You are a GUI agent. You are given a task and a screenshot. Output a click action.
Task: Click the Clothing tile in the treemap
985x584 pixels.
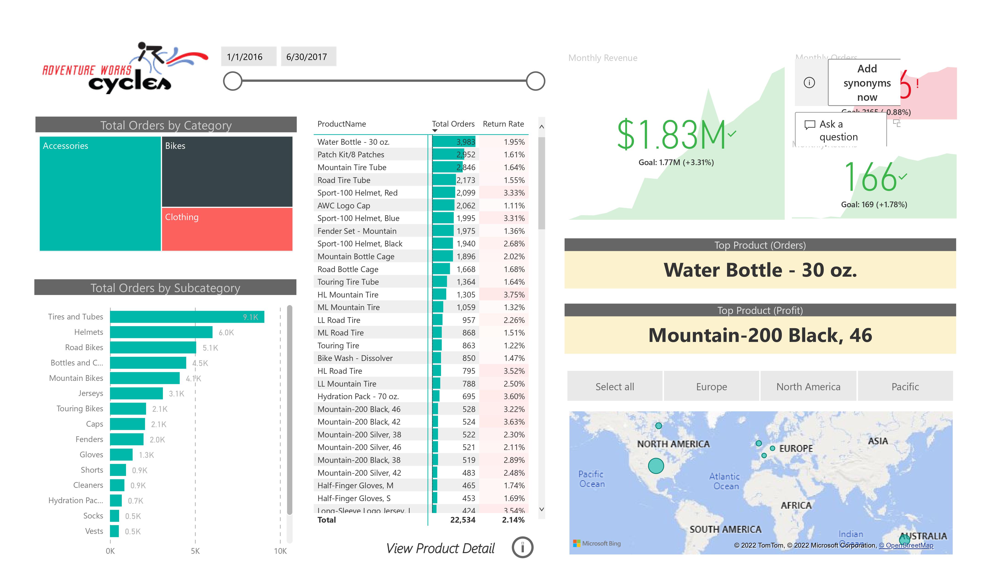[227, 229]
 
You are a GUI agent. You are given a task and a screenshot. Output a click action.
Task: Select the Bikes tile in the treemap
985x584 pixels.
[227, 172]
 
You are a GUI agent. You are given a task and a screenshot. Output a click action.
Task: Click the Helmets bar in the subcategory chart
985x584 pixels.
[161, 332]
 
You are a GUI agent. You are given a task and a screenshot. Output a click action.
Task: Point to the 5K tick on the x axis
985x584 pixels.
[195, 551]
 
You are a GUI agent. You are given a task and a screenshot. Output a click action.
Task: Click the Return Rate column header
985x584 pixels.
[503, 124]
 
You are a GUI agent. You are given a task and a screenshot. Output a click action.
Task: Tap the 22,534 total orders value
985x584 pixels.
[462, 520]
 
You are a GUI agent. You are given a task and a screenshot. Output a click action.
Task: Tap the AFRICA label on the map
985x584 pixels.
[796, 505]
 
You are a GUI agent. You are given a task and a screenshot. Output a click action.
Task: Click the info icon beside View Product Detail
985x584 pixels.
[522, 547]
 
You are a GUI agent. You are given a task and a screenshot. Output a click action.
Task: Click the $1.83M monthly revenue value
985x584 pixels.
[671, 135]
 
